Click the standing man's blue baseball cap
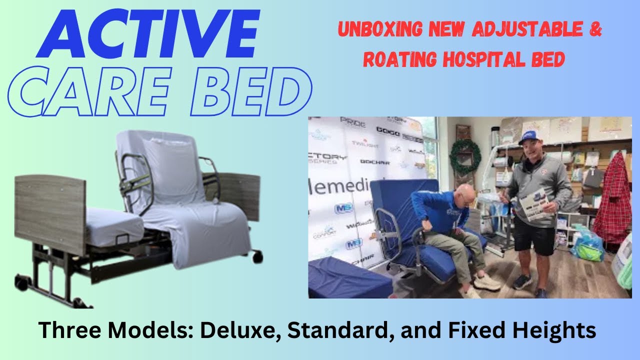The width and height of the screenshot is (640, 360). [x=528, y=136]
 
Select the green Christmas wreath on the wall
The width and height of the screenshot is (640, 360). [x=464, y=156]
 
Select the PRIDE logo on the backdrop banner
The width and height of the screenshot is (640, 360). [x=352, y=121]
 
